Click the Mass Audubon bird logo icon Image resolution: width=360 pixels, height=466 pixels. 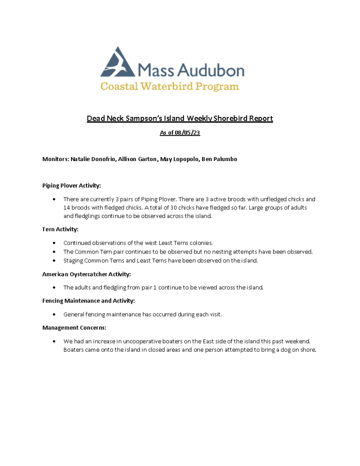(x=117, y=62)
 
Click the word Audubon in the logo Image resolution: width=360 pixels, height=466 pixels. (x=210, y=70)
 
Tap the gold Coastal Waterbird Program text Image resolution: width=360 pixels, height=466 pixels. (x=169, y=86)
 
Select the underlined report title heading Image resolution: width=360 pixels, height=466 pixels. (x=180, y=119)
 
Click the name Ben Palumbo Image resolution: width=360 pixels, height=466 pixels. (x=219, y=159)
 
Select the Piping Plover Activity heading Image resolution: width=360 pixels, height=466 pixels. (x=71, y=186)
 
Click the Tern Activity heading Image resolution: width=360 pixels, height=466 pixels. (x=61, y=229)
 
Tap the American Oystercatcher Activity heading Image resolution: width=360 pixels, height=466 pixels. (x=86, y=274)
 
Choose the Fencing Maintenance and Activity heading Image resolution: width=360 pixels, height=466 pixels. (x=88, y=301)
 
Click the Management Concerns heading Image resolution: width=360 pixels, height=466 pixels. (x=74, y=328)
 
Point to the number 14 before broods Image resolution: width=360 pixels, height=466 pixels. (x=67, y=208)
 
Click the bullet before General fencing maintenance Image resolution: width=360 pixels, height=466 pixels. (x=55, y=314)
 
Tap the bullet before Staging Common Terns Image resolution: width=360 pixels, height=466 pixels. (x=55, y=261)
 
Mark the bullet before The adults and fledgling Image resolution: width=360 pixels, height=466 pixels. (x=55, y=288)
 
